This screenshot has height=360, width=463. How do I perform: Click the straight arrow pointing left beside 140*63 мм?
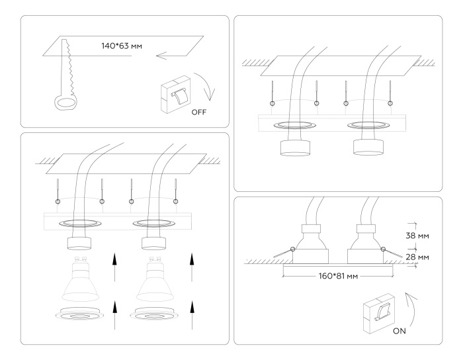pos(173,56)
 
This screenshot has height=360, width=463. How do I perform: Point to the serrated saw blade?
pos(67,66)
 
